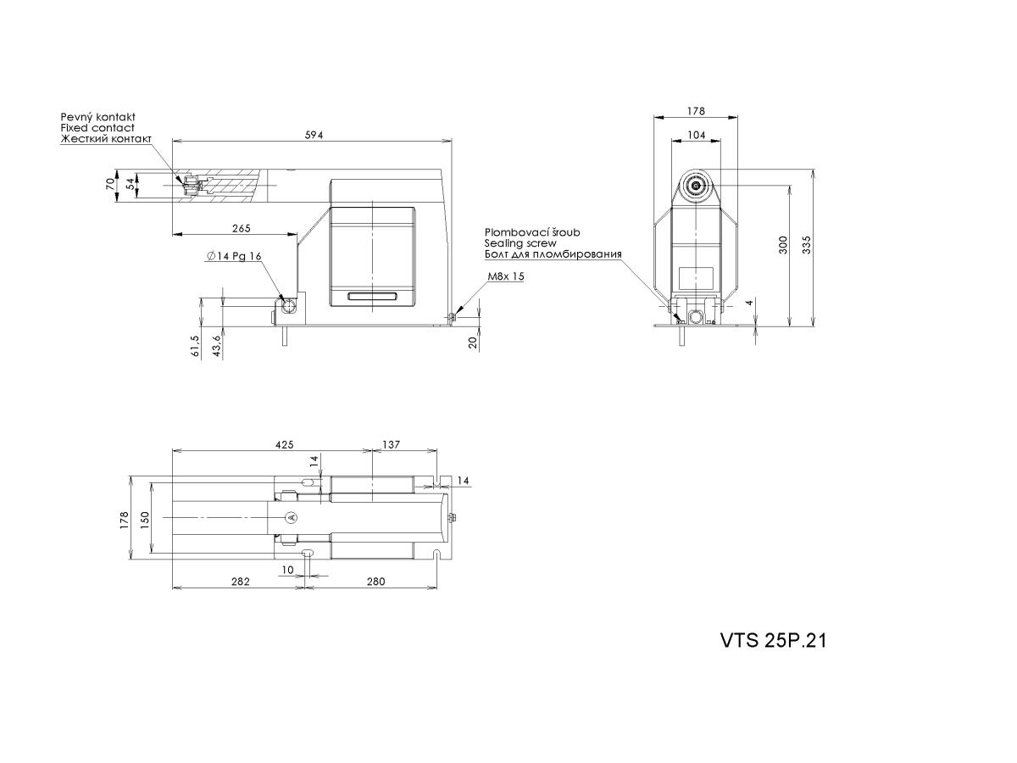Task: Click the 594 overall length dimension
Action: point(314,135)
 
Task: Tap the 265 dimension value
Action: point(241,228)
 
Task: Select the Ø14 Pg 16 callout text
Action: point(234,256)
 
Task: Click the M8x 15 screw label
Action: point(505,276)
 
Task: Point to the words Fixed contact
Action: point(97,128)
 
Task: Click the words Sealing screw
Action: point(520,243)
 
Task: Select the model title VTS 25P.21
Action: point(773,641)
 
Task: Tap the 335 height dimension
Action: point(807,245)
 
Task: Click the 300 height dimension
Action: point(782,245)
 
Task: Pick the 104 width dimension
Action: point(696,135)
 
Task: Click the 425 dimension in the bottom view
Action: point(285,444)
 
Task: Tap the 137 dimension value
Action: point(391,444)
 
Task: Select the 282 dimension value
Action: point(240,581)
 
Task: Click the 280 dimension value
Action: point(375,581)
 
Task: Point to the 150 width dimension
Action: point(145,521)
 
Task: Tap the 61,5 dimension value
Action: point(195,346)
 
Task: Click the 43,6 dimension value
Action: point(216,346)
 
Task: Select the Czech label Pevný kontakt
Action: point(97,117)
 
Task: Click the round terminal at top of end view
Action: point(696,186)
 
